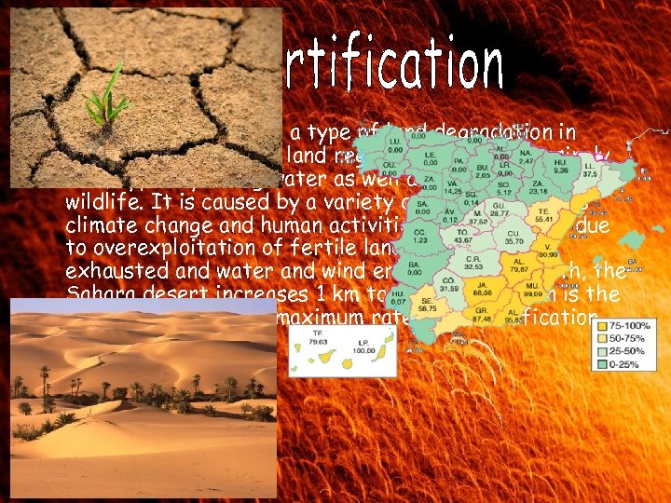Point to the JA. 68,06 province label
(484, 287)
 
